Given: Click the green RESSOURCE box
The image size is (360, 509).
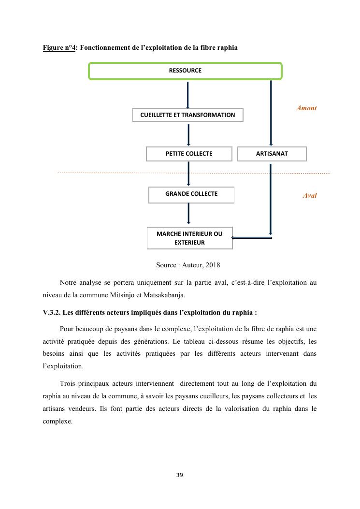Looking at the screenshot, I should click(x=185, y=71).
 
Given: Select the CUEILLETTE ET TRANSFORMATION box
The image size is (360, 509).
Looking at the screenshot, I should click(x=187, y=115).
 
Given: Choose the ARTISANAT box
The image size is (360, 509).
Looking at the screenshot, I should click(x=272, y=154).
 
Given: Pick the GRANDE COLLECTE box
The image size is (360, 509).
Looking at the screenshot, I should click(x=191, y=194).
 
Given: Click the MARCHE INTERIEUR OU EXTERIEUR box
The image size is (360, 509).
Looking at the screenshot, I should click(x=189, y=238).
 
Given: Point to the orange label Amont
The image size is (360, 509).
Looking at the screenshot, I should click(x=306, y=108).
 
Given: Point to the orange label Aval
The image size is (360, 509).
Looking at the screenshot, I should click(x=310, y=196).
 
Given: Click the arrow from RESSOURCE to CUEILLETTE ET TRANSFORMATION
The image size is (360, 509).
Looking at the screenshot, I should click(x=187, y=95).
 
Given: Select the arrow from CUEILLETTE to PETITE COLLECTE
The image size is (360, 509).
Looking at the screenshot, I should click(x=188, y=134).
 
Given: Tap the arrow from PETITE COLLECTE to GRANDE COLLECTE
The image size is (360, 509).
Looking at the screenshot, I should click(x=188, y=174).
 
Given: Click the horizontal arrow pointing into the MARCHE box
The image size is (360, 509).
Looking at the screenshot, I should click(x=251, y=237).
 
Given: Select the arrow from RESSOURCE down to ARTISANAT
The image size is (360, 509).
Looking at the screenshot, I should click(x=271, y=113).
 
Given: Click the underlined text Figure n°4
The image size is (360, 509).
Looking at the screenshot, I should click(x=59, y=48).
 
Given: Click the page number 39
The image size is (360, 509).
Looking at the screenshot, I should click(x=180, y=475).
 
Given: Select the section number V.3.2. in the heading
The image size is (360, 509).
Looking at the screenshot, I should click(x=52, y=312).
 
